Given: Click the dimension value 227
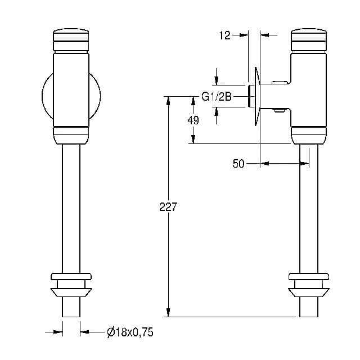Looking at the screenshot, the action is [x=168, y=206].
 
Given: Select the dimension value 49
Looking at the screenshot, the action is [x=193, y=120].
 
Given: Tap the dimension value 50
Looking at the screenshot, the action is [x=238, y=164].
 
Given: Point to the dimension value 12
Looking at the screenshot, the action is [x=224, y=35].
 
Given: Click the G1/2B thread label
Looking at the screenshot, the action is [x=216, y=97].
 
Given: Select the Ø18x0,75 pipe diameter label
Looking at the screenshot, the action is [x=130, y=332].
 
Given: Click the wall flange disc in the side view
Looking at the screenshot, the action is [x=258, y=96].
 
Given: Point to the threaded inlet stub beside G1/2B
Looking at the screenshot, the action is [x=251, y=96].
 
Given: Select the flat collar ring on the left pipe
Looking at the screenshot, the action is [x=71, y=276].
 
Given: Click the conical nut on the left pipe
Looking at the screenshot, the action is [x=71, y=292].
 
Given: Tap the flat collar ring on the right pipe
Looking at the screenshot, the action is [x=309, y=276].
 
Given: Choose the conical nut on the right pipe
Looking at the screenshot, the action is [x=309, y=292].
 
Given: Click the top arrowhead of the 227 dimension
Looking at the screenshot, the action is [x=168, y=101].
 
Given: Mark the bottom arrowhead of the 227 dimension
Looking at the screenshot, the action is [x=168, y=313].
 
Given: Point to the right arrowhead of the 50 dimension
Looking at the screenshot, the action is [x=305, y=164].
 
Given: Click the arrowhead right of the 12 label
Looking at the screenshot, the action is [x=244, y=35].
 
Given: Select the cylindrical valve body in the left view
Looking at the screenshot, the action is [x=71, y=89].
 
